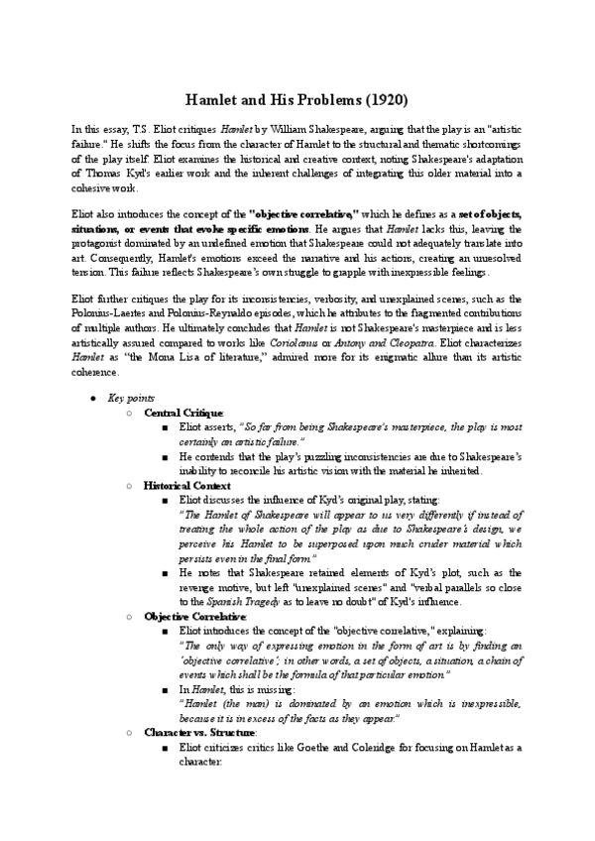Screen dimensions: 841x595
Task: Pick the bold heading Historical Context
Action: tap(187, 487)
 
